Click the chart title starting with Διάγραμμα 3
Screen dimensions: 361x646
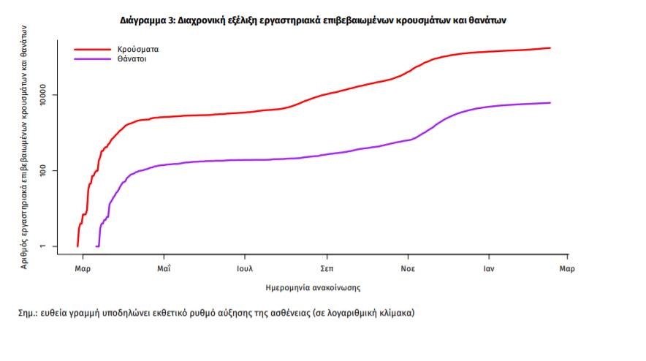point(313,20)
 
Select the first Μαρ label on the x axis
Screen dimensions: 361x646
point(83,269)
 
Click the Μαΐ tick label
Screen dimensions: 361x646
point(164,269)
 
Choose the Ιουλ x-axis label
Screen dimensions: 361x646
point(245,269)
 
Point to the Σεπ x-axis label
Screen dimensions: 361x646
point(327,269)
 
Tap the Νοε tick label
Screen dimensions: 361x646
point(408,269)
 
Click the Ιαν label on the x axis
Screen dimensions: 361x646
point(490,269)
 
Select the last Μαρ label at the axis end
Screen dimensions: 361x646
point(567,269)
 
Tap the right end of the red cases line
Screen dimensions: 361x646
point(550,48)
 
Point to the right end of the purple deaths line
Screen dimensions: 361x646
point(550,103)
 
